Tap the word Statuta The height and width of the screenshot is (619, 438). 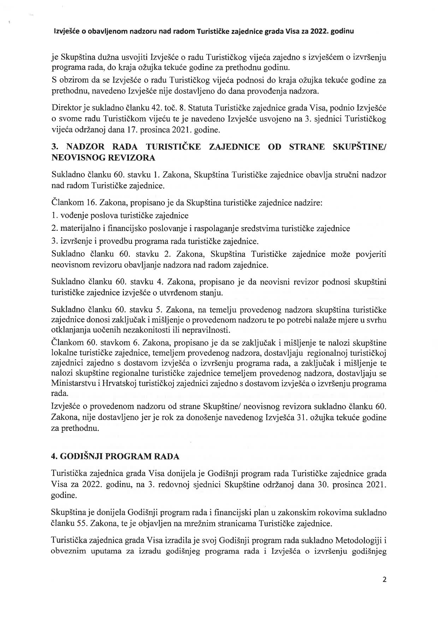200,106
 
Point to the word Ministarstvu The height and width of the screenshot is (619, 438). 73,383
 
